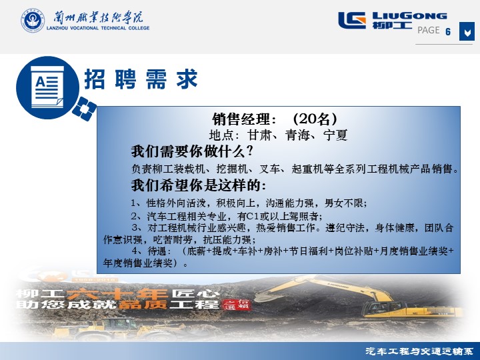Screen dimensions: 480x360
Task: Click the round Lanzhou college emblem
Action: (x=33, y=20)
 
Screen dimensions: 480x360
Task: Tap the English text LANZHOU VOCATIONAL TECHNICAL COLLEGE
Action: (x=98, y=28)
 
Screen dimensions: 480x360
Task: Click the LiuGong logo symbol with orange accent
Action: (x=352, y=20)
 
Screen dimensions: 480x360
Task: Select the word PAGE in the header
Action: (x=429, y=30)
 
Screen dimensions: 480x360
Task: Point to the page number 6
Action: (x=448, y=31)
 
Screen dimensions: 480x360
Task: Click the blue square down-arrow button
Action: (x=467, y=31)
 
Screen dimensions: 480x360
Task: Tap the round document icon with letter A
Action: (x=47, y=87)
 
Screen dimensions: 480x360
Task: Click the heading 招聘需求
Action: (x=141, y=79)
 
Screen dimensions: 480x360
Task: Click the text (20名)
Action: (x=315, y=119)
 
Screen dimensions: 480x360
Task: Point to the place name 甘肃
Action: (x=259, y=135)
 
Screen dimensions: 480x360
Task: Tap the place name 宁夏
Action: (x=335, y=135)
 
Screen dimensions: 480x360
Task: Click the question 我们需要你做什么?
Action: (x=192, y=151)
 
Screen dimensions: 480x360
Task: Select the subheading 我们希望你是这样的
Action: (x=199, y=185)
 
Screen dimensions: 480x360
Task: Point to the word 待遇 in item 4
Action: (x=157, y=251)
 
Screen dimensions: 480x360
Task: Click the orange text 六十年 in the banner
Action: (x=117, y=294)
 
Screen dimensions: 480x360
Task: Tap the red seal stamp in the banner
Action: (x=237, y=305)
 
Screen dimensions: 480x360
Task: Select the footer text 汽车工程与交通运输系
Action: (x=419, y=351)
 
